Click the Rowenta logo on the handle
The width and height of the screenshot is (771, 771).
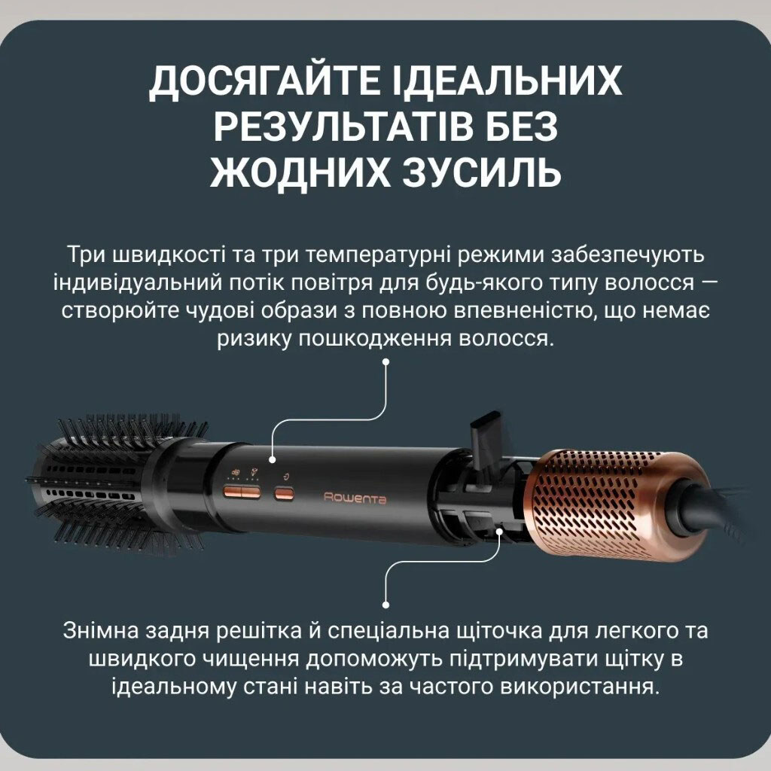[x=355, y=498]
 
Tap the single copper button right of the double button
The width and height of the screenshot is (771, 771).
[x=284, y=492]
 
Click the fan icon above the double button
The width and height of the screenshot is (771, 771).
[x=236, y=471]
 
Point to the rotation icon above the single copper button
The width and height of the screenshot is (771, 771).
[x=286, y=476]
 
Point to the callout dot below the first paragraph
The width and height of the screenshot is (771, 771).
[x=386, y=361]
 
